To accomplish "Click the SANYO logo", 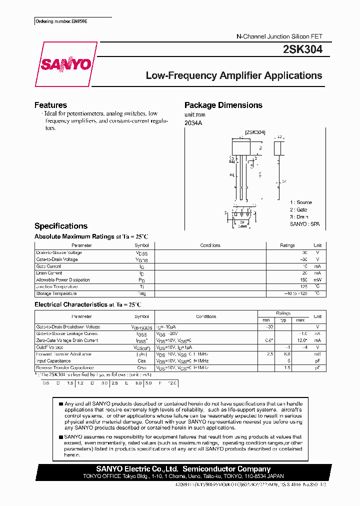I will tap(65, 64).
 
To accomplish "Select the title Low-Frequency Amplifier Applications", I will tap(233, 76).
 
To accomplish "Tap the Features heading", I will tap(50, 105).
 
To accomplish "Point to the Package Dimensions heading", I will tap(223, 105).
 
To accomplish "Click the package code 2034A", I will tap(193, 123).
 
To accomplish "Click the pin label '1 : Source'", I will tap(301, 202).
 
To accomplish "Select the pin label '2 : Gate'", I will tap(299, 210).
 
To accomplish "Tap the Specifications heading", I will tap(60, 226).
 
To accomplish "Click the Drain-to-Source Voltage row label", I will tap(59, 252).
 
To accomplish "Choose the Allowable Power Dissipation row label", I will tap(63, 280).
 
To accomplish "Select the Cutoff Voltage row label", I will tap(50, 347).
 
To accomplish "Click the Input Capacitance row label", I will tap(53, 360).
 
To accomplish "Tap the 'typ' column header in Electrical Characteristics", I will tap(283, 319).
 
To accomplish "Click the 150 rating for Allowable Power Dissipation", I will tap(303, 280).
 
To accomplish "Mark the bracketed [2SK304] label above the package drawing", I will tap(255, 132).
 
